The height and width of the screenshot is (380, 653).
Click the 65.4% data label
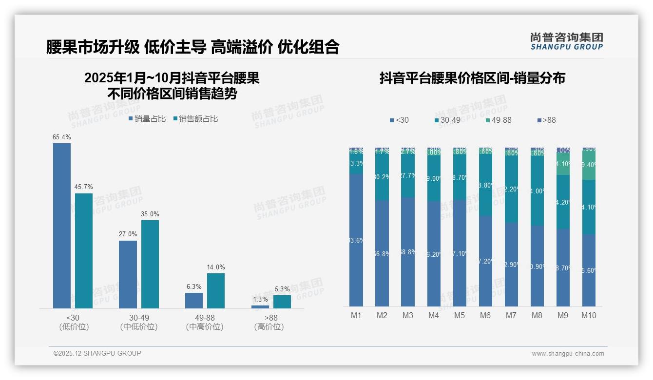click(62, 137)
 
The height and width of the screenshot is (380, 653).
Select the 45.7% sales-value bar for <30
click(84, 250)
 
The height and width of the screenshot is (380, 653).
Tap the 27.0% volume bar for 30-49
click(128, 274)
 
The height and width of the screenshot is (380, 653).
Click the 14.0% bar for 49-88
click(216, 290)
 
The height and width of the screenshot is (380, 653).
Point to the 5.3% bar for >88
click(282, 302)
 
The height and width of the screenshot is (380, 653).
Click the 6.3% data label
click(194, 286)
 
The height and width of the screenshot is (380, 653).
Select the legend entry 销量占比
click(147, 119)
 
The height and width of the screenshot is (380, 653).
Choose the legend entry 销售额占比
click(195, 119)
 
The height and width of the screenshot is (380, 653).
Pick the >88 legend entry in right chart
click(546, 120)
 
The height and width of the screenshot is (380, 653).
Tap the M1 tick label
click(356, 315)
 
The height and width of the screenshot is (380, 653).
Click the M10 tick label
click(588, 315)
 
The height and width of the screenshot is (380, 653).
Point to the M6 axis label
click(485, 315)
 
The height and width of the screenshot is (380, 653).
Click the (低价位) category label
click(74, 327)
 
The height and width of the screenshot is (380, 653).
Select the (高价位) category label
click(269, 327)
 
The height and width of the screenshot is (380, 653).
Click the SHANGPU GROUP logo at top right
click(566, 41)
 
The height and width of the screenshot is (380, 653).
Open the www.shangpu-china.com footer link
click(568, 354)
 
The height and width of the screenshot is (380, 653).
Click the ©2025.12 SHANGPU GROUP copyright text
click(97, 353)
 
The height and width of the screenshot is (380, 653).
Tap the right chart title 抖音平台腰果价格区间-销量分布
click(472, 78)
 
